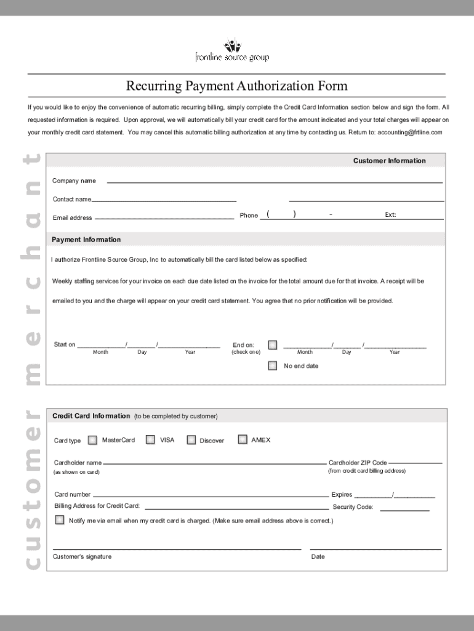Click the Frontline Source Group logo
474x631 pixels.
pos(232,51)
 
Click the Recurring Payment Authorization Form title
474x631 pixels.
pos(237,86)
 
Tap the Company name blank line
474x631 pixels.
pos(275,182)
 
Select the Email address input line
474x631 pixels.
pos(164,218)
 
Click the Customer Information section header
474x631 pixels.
pos(389,161)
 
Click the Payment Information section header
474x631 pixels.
pos(86,240)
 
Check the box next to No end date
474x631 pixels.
pos(273,366)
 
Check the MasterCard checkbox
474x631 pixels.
pos(92,440)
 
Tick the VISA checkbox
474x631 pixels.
pos(150,440)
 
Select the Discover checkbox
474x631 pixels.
pos(191,440)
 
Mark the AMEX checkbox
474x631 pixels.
pos(243,440)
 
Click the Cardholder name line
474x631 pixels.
pos(214,462)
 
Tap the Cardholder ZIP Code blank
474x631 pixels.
pos(416,462)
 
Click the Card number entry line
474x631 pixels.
pos(210,495)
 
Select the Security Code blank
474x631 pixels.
pos(404,510)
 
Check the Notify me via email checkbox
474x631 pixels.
pos(60,520)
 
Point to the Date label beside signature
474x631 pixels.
pos(318,557)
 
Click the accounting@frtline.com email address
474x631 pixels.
pos(410,132)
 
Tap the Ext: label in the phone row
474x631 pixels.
pos(390,215)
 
